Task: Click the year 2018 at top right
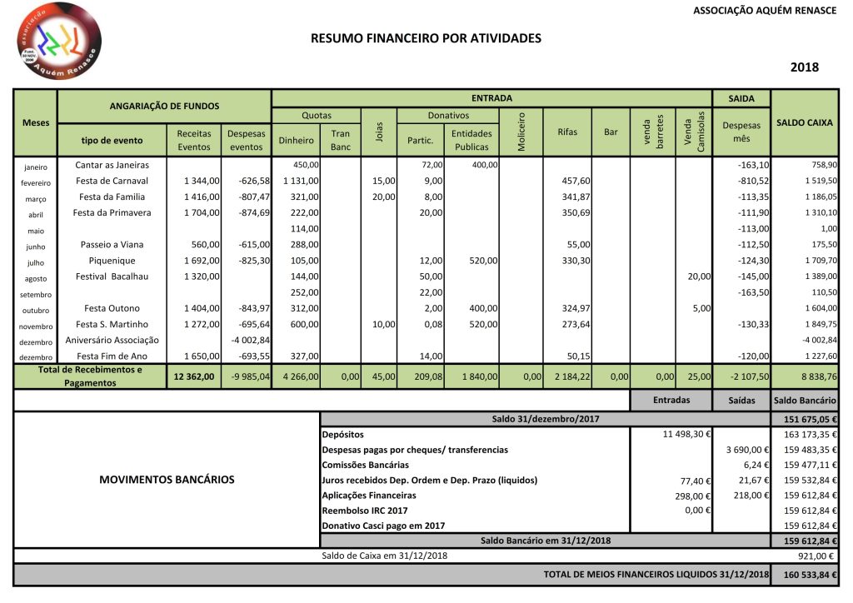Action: tap(804, 67)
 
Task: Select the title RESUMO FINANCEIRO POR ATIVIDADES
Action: tap(426, 38)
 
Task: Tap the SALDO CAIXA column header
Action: tap(804, 122)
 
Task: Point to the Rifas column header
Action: tap(566, 132)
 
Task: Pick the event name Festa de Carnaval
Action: tap(112, 181)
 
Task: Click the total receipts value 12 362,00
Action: tap(195, 376)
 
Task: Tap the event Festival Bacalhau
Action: tap(112, 277)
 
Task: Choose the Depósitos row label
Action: tap(343, 435)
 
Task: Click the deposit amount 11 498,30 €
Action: tap(684, 435)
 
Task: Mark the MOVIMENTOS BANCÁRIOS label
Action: tap(167, 480)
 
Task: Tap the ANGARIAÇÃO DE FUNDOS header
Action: tap(164, 106)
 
